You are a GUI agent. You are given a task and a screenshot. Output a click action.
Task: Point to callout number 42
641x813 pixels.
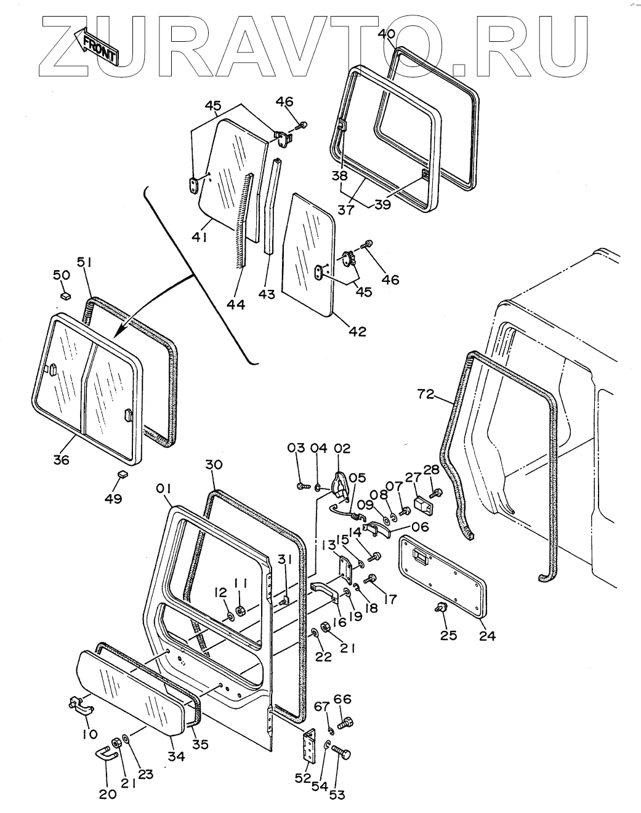[x=358, y=331]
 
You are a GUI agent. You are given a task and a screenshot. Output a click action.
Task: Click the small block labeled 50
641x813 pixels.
[x=63, y=295]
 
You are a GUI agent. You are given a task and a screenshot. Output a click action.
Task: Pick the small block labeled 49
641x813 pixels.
[x=122, y=475]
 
